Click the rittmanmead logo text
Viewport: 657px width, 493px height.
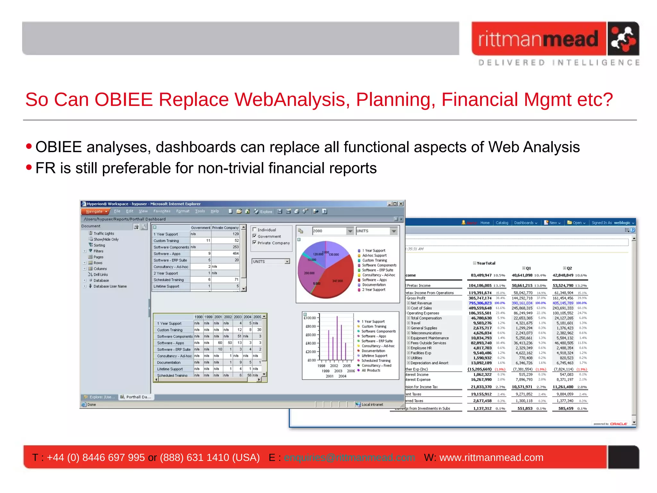tap(538, 39)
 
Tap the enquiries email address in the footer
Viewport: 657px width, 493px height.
tap(349, 457)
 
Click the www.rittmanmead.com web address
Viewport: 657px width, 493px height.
tap(491, 457)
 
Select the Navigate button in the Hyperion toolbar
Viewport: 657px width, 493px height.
tap(95, 212)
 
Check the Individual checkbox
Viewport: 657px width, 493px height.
tap(255, 229)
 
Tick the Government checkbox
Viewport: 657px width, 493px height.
tap(255, 236)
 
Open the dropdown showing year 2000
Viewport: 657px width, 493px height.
tap(350, 231)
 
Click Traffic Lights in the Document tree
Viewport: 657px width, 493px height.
tap(104, 234)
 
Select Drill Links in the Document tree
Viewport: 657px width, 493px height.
tap(100, 275)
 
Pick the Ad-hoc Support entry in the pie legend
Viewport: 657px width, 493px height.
tap(374, 255)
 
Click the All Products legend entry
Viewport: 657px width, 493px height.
tap(371, 370)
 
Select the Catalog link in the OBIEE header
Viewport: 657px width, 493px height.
tap(502, 223)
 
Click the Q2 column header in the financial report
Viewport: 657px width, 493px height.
tap(569, 268)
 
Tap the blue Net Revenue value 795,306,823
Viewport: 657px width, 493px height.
tap(480, 303)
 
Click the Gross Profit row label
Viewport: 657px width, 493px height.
tap(416, 298)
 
